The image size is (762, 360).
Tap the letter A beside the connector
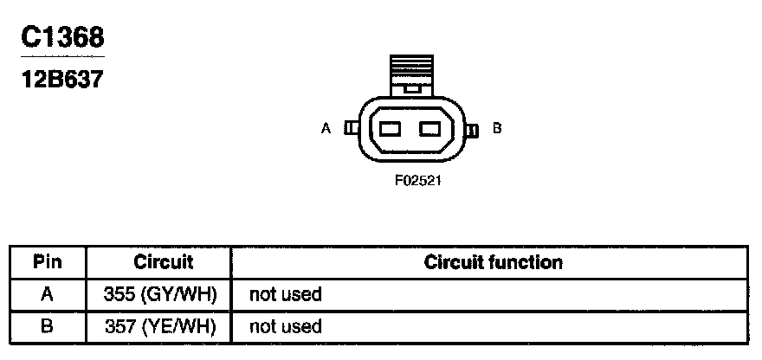pyautogui.click(x=326, y=128)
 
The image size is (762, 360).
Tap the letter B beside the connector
pyautogui.click(x=497, y=128)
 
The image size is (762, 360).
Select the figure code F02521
pyautogui.click(x=411, y=182)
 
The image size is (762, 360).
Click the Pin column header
pyautogui.click(x=47, y=261)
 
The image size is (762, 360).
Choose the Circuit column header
pyautogui.click(x=163, y=261)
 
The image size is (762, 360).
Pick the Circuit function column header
pyautogui.click(x=493, y=261)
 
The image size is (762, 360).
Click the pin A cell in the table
pyautogui.click(x=47, y=294)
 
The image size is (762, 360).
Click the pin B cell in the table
pyautogui.click(x=47, y=326)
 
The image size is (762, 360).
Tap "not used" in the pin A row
pyautogui.click(x=285, y=294)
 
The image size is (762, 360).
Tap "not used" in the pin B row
pyautogui.click(x=285, y=326)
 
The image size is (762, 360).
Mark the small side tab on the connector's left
pyautogui.click(x=351, y=128)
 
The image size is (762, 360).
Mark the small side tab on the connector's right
pyautogui.click(x=472, y=130)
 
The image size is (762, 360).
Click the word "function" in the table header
pyautogui.click(x=527, y=261)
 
